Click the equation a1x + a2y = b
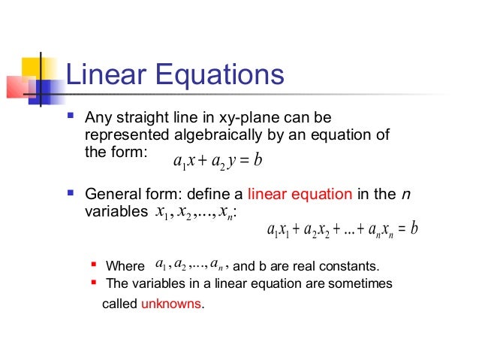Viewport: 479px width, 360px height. [x=216, y=160]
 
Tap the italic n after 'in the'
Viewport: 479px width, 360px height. [x=406, y=195]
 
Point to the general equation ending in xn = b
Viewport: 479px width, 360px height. [x=342, y=228]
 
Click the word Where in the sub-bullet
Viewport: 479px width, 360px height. [x=125, y=266]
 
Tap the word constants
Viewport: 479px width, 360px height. [x=352, y=266]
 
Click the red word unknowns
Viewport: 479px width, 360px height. [x=171, y=305]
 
